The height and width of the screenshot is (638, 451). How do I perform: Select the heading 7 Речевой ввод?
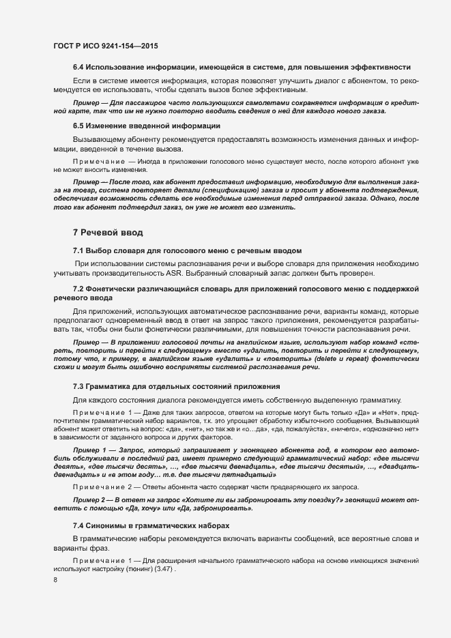coord(108,233)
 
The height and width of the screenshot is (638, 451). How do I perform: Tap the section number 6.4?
coord(78,67)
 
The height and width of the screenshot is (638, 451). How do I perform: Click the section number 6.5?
coord(78,126)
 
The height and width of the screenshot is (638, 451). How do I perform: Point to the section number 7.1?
coord(78,251)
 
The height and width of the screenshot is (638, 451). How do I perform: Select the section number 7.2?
coord(78,291)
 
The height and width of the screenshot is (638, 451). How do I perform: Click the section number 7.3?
coord(78,387)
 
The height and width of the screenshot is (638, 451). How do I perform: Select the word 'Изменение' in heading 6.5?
coord(108,126)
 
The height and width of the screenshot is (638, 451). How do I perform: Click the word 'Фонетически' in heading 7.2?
coord(113,291)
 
